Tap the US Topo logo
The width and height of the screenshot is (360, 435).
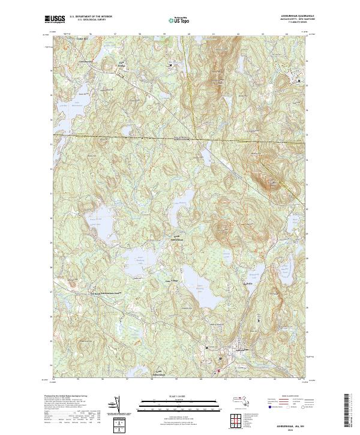tap(180, 20)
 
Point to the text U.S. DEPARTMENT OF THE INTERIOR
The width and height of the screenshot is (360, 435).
tap(91, 17)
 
